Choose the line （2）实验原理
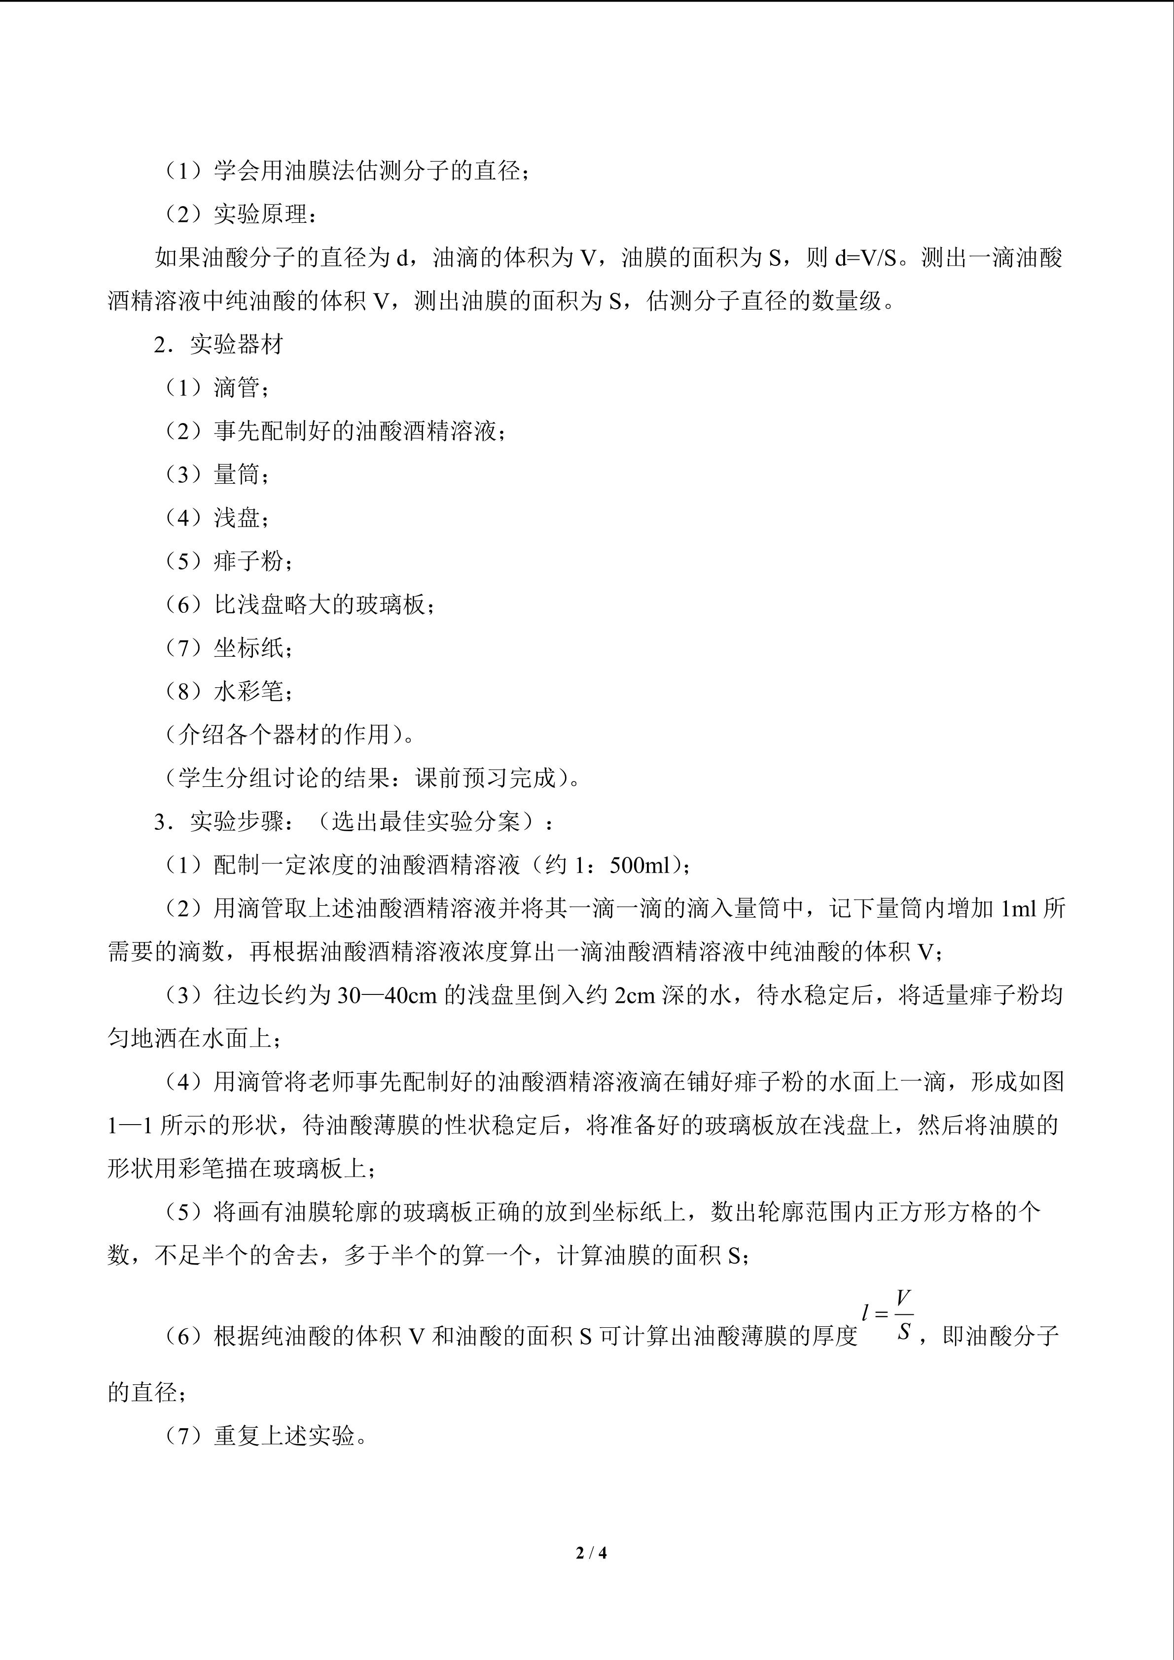click(x=239, y=215)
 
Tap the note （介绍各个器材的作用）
click(x=285, y=735)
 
